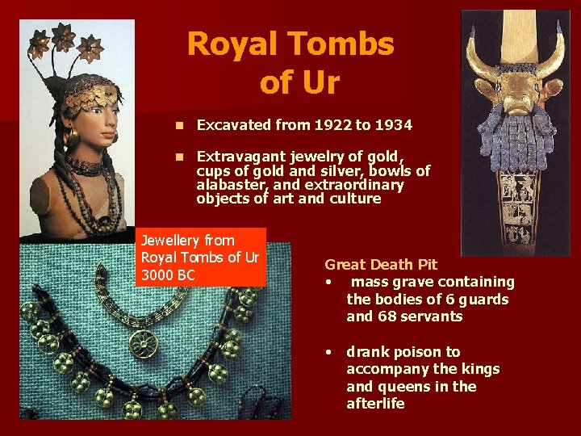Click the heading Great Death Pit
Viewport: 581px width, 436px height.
tap(380, 264)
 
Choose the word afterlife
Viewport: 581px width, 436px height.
tap(375, 404)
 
